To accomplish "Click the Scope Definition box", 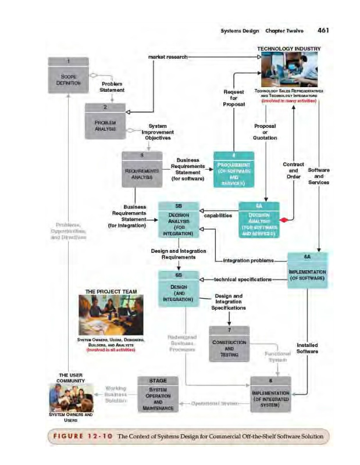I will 68,76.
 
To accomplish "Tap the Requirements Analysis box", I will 142,169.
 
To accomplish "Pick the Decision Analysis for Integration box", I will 178,220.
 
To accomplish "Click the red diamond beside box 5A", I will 284,220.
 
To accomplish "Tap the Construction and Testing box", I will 229,344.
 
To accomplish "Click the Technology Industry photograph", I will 289,69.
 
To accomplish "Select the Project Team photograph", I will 111,314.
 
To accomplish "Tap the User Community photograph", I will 70,398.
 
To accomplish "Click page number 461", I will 325,30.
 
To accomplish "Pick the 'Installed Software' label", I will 307,348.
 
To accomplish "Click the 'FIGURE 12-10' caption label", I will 81,435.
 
